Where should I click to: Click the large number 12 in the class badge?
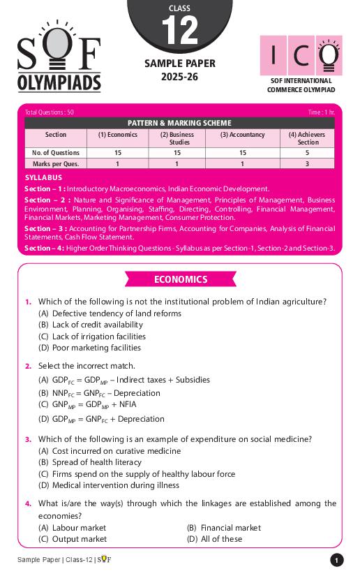pos(179,30)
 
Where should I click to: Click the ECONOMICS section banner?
pos(180,279)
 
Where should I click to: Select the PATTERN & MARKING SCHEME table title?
pos(180,123)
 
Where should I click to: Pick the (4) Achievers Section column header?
pos(308,138)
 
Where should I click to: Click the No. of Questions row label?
pos(56,153)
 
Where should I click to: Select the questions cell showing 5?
pos(308,153)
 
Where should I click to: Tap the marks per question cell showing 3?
pos(308,164)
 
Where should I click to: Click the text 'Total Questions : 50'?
pos(49,112)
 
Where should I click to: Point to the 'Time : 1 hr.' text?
pos(321,112)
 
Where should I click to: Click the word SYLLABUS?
pos(43,178)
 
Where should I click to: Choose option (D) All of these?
pos(215,539)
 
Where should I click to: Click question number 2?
pos(29,366)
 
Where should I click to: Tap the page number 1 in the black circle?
pos(336,560)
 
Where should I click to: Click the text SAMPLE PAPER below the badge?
pos(179,64)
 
